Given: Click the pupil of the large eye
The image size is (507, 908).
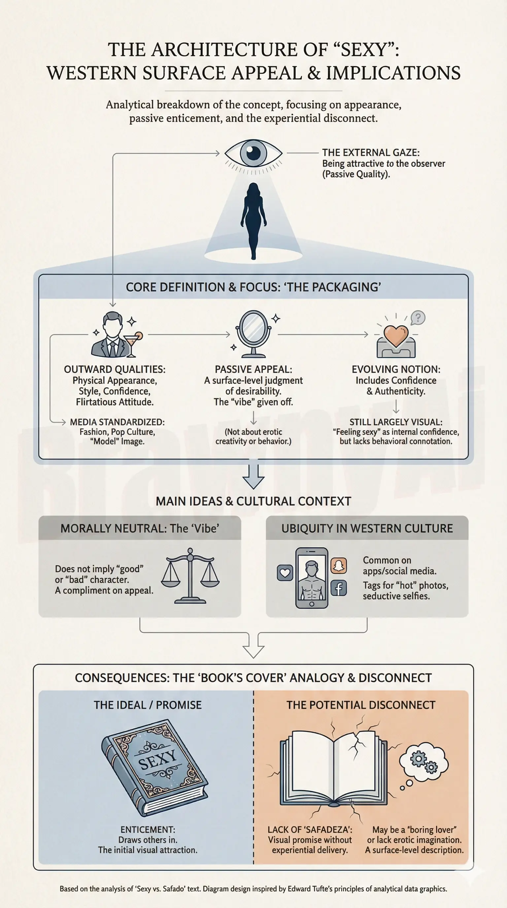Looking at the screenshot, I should point(253,153).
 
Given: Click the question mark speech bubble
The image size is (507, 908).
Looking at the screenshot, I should point(418,318).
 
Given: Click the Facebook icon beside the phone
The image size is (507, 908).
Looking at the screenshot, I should point(338,588).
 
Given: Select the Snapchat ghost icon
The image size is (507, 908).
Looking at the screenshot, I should point(338,566).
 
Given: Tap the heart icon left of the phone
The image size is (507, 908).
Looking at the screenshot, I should point(285,573).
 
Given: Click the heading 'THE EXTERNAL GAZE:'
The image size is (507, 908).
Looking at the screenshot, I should point(371,153).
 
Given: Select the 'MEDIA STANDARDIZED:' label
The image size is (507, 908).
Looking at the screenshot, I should point(117,422).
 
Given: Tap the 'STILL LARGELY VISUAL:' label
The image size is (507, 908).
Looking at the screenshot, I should point(395,422).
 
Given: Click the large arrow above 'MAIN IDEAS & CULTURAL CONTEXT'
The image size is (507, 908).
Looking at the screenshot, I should point(253,476).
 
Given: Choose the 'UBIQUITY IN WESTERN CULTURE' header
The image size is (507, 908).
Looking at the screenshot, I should point(367,528).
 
